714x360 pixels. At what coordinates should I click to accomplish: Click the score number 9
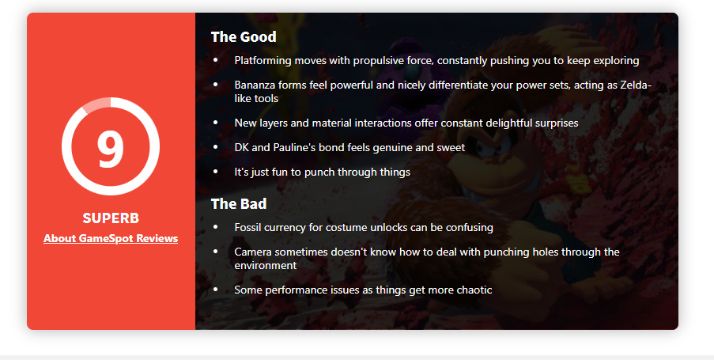110,148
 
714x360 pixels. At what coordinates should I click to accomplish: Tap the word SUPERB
111,218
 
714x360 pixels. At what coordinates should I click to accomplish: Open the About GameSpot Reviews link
111,238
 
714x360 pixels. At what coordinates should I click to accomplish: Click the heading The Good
244,37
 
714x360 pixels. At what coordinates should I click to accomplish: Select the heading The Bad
239,203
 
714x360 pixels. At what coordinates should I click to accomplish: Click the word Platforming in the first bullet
263,61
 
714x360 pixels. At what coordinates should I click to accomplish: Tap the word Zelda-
636,85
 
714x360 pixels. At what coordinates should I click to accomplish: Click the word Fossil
247,227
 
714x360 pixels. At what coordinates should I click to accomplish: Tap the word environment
266,266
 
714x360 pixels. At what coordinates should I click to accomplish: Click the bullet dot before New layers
215,123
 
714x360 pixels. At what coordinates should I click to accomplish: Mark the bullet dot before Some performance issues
215,290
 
